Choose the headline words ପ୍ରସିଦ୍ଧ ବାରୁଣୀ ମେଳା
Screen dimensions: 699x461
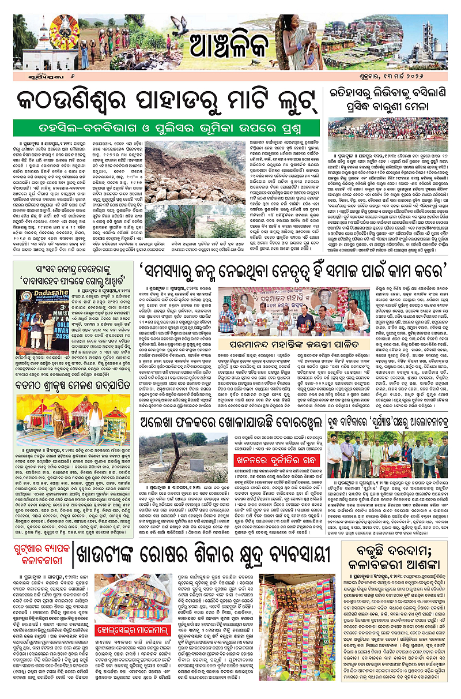(x=392, y=107)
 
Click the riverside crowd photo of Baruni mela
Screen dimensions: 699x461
(x=392, y=130)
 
